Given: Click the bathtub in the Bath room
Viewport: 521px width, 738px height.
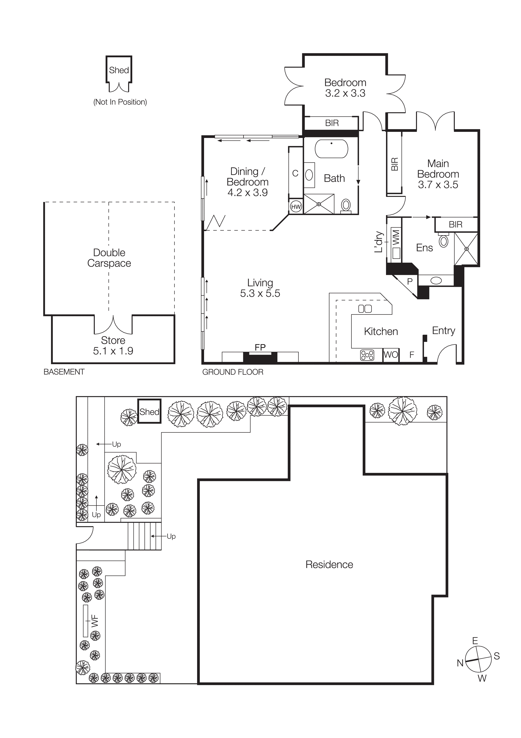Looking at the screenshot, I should [x=331, y=149].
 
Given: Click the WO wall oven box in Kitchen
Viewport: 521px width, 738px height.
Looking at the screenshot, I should [x=391, y=355].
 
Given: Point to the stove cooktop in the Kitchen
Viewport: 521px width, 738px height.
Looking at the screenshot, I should [x=367, y=355].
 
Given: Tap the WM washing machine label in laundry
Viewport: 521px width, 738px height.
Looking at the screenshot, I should [x=396, y=237].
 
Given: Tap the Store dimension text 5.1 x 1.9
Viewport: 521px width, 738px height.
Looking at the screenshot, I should [x=113, y=351].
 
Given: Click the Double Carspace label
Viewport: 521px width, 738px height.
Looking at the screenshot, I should [x=109, y=258].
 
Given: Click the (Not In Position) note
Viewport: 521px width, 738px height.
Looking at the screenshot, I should [x=120, y=102].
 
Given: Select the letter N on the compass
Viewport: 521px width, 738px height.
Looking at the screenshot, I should [x=460, y=663].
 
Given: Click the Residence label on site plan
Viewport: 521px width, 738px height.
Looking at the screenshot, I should [x=329, y=564].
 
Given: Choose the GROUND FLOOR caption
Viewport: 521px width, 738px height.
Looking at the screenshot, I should [x=233, y=372].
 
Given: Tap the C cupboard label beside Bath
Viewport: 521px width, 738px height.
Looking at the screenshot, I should [x=295, y=173].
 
